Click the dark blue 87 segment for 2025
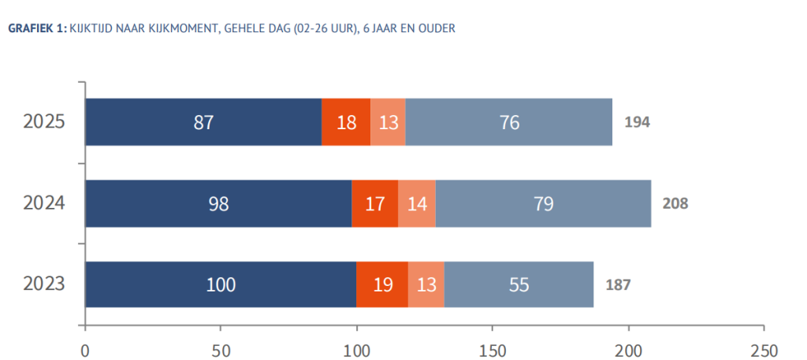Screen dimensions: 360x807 pyautogui.click(x=203, y=122)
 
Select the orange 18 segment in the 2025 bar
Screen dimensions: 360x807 pyautogui.click(x=346, y=122)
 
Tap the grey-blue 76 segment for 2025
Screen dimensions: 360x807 pyautogui.click(x=508, y=122)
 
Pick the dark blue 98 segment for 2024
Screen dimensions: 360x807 pyautogui.click(x=218, y=203)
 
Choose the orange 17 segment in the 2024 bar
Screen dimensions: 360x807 pyautogui.click(x=375, y=203)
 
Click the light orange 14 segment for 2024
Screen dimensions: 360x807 pyautogui.click(x=417, y=203)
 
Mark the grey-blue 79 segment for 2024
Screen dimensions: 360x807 pyautogui.click(x=543, y=203)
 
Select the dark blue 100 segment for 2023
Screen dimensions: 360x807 pyautogui.click(x=221, y=284)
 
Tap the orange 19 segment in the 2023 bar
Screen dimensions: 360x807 pyautogui.click(x=382, y=284)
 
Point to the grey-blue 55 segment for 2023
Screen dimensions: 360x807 pyautogui.click(x=519, y=284)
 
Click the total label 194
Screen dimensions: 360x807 pyautogui.click(x=637, y=122)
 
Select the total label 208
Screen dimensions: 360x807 pyautogui.click(x=675, y=203)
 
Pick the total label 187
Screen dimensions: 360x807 pyautogui.click(x=618, y=284)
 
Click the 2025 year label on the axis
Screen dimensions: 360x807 pyautogui.click(x=43, y=122)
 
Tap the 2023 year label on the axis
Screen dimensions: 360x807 pyautogui.click(x=43, y=284)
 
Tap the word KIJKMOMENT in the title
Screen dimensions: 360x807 pyautogui.click(x=169, y=29)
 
